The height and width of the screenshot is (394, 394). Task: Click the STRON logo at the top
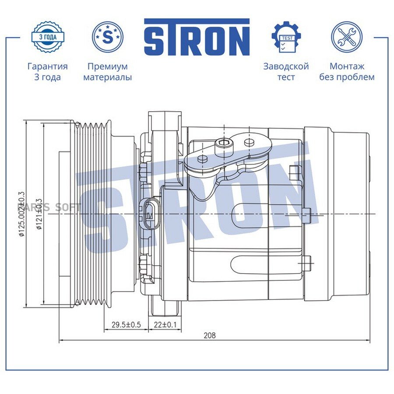tap(197, 37)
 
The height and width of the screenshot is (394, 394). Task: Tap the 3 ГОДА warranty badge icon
tap(48, 38)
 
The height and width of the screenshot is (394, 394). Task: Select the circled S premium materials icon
tap(108, 38)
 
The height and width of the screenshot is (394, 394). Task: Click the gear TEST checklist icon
tap(286, 37)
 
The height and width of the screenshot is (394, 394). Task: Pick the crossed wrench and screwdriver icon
tap(347, 37)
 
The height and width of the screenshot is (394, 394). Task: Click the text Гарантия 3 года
tap(47, 72)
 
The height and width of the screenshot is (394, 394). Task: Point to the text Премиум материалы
tap(108, 72)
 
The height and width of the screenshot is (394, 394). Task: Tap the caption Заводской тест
tap(286, 72)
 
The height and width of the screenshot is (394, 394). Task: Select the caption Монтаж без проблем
tap(347, 72)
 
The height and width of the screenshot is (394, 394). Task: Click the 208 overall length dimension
tap(210, 335)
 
